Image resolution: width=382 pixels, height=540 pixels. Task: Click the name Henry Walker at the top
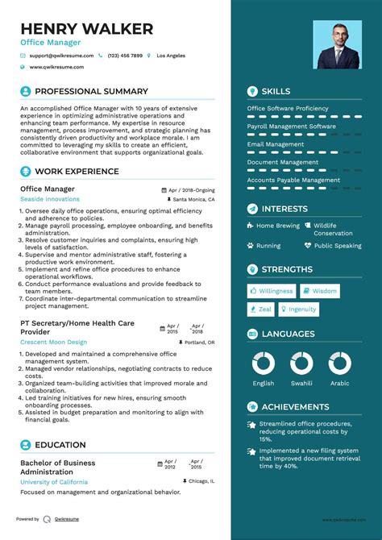coord(87,29)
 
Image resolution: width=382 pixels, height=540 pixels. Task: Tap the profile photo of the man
coord(337,44)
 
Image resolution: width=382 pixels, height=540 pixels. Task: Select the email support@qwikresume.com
coord(62,56)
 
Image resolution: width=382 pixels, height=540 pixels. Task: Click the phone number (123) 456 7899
coord(125,56)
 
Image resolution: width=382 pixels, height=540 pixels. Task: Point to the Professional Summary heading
coord(91,92)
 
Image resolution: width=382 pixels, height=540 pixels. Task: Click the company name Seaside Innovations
coord(50,198)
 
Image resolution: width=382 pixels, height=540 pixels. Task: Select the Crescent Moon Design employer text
coord(53,342)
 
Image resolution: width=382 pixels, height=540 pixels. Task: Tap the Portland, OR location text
coord(199,343)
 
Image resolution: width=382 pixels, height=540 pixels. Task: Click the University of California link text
coord(54,481)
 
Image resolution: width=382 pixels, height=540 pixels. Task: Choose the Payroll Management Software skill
coord(291,127)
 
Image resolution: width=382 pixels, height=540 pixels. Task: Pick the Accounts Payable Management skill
coord(293,181)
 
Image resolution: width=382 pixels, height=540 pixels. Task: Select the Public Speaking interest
coord(338,246)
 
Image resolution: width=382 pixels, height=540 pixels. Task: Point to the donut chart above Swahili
coord(301,363)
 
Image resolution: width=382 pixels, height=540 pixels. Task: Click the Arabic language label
coord(339,384)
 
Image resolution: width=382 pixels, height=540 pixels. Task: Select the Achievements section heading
coord(295,407)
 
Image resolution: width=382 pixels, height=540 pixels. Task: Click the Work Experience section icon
coord(25,172)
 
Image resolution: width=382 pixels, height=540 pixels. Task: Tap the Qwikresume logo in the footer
coord(48,519)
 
